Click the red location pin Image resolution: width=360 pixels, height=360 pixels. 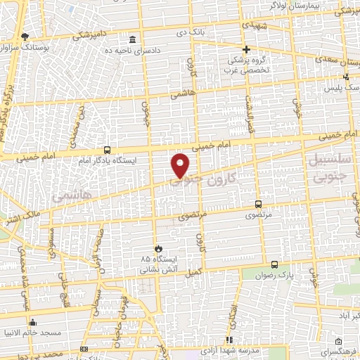coord(181,165)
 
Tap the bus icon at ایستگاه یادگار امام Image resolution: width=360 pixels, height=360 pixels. coord(107,150)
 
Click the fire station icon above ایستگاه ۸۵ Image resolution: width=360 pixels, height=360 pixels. coord(160,249)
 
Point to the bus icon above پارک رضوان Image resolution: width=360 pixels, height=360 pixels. coord(274,264)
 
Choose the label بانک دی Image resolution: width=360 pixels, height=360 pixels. coord(191,32)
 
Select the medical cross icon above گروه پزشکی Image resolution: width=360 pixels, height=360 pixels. coord(246,49)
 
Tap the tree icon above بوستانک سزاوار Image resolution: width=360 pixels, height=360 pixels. coord(26,35)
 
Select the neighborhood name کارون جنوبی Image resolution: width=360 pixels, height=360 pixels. coord(212,180)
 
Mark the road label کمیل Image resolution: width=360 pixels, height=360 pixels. coord(195,271)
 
